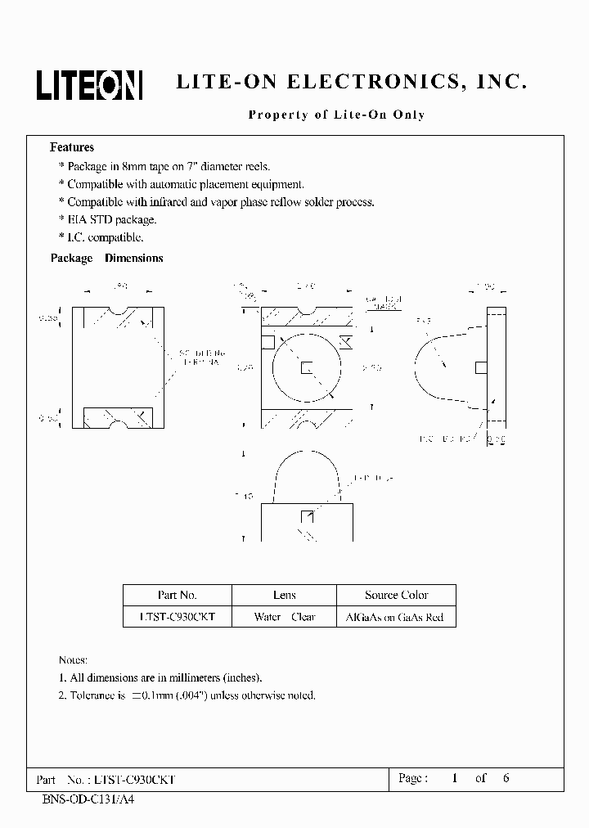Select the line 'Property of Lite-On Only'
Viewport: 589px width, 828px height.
click(x=336, y=115)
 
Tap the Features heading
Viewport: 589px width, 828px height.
click(x=72, y=148)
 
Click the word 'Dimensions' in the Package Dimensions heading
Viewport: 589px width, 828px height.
click(x=134, y=259)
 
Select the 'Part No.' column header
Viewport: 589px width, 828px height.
click(x=177, y=596)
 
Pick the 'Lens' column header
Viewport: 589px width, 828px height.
click(x=284, y=596)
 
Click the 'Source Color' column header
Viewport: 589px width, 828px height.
click(x=396, y=596)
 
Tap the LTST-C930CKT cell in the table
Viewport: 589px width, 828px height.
click(x=177, y=617)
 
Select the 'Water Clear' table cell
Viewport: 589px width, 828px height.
click(x=284, y=617)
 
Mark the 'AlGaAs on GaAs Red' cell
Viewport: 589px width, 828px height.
click(x=396, y=617)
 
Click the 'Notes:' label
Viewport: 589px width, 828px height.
click(x=73, y=659)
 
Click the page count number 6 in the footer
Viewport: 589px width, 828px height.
click(x=506, y=778)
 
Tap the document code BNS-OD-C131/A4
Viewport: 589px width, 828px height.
click(x=88, y=799)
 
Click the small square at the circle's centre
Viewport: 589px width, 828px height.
click(x=306, y=367)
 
